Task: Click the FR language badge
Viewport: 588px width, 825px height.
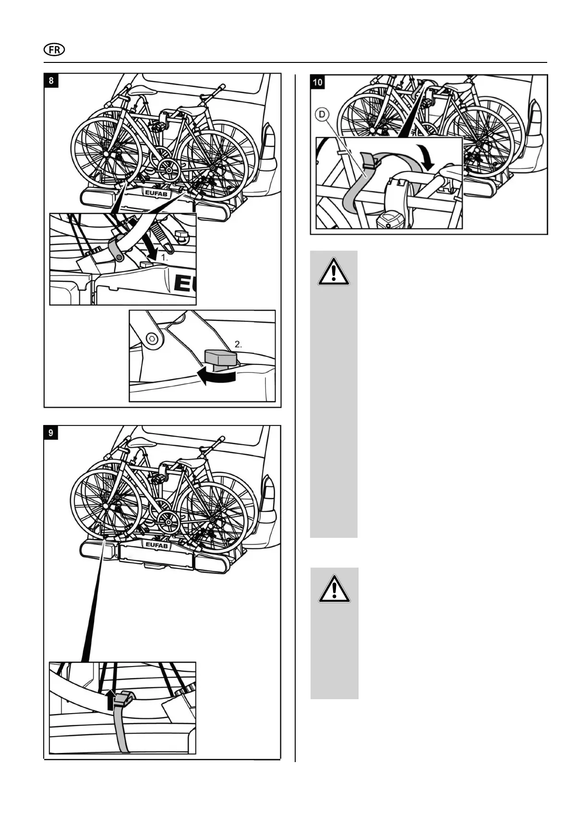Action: (54, 49)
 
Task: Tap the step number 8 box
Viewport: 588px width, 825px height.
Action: (51, 80)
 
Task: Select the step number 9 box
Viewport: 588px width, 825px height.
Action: (51, 433)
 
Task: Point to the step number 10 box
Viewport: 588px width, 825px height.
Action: (318, 82)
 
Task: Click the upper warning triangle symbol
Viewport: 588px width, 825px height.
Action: (334, 271)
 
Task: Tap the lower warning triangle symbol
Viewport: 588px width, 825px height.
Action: (334, 589)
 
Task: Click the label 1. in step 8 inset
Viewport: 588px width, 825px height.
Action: (164, 258)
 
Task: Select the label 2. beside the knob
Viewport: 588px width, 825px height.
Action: (239, 344)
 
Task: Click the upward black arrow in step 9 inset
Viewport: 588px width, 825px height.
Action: (111, 700)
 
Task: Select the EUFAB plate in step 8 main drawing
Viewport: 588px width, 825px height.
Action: (156, 193)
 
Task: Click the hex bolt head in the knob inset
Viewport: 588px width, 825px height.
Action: (152, 338)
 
